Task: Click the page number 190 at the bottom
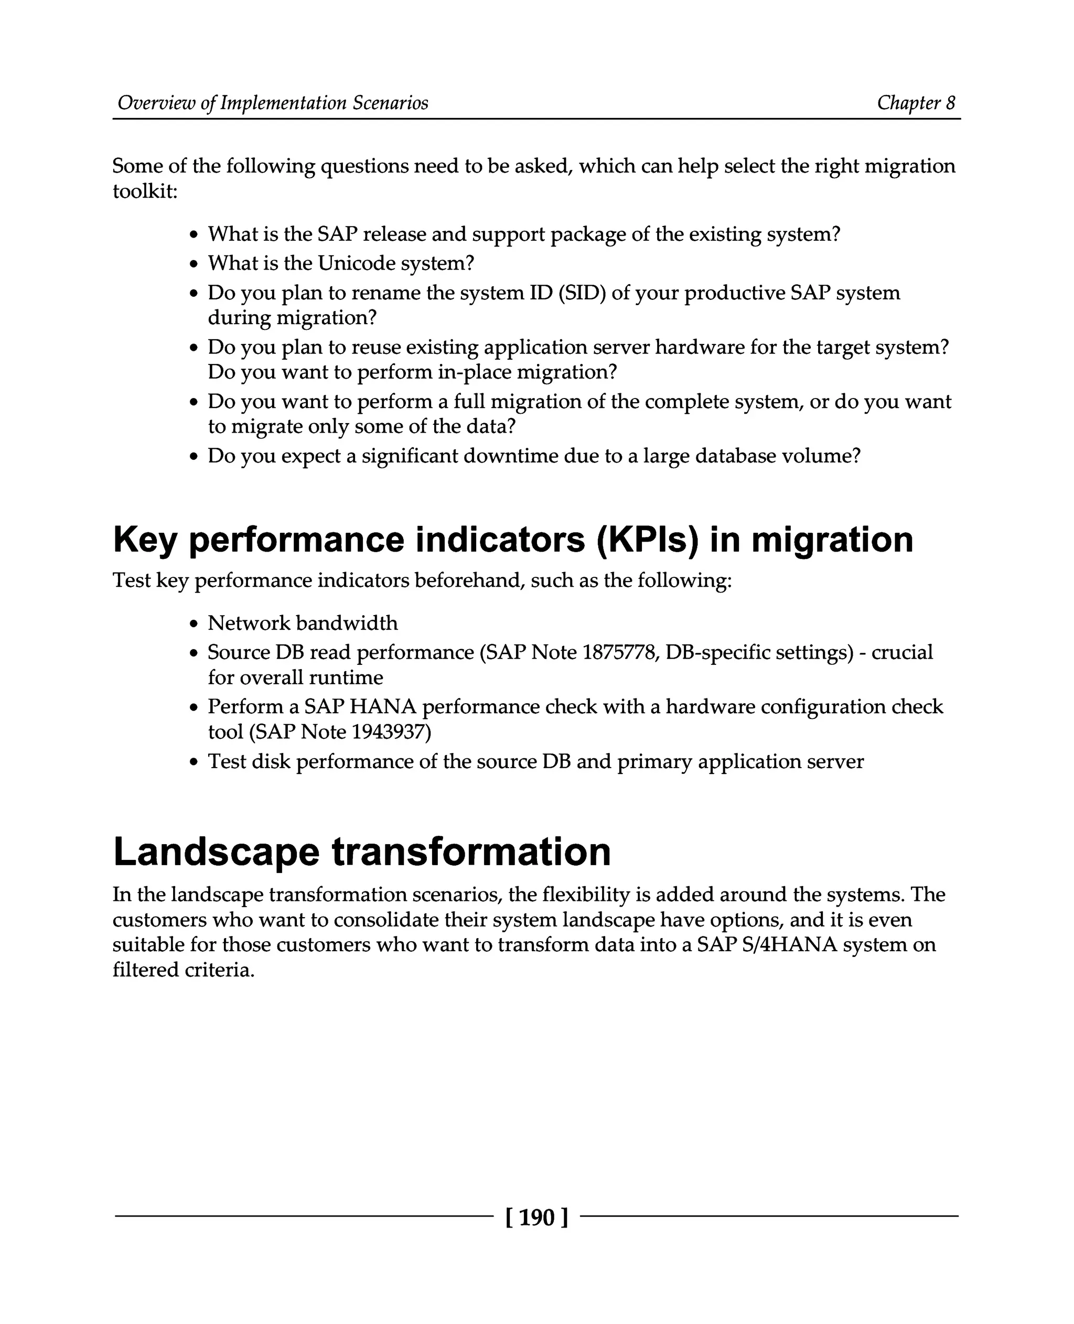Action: pos(536,1218)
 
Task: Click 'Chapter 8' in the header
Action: pos(916,103)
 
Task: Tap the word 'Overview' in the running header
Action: pos(156,103)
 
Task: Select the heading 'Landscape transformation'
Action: pos(362,852)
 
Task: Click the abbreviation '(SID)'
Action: pos(582,293)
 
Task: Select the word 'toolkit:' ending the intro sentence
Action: pos(145,191)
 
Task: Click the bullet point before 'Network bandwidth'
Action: pos(194,623)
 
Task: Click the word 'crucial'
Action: pos(901,652)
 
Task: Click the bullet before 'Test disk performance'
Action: pos(194,762)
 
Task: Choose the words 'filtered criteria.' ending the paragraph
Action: pos(184,970)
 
